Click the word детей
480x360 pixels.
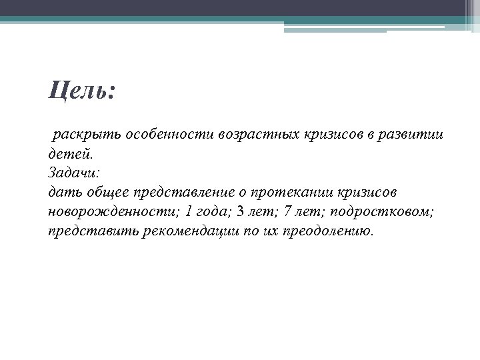(x=67, y=154)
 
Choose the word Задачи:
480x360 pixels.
(x=74, y=173)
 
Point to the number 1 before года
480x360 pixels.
(x=189, y=212)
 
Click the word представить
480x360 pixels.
(x=94, y=231)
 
